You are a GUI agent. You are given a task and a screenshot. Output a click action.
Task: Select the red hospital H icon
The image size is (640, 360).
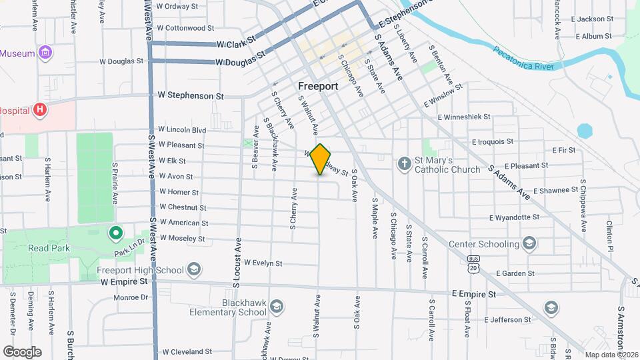click(x=41, y=109)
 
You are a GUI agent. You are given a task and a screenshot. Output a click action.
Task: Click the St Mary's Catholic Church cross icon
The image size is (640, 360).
click(x=404, y=163)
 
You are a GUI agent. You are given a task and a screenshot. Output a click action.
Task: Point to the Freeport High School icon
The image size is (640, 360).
click(x=194, y=269)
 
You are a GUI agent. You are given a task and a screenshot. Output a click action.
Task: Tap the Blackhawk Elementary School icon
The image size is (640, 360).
click(x=277, y=307)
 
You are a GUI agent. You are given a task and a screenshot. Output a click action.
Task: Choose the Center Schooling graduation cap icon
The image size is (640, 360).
click(x=530, y=243)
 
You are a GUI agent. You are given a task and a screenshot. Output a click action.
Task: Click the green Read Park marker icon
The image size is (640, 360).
click(x=115, y=233)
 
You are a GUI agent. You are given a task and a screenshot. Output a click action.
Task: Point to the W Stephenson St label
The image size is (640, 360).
click(x=189, y=96)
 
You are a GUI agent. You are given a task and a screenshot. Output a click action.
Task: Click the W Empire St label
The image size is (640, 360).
click(x=124, y=282)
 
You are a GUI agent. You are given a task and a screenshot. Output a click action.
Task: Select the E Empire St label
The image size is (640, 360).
click(x=473, y=293)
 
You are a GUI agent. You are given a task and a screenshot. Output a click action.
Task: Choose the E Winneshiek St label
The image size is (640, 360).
click(x=464, y=117)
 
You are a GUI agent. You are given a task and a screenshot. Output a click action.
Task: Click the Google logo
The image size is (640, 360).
click(x=22, y=351)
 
